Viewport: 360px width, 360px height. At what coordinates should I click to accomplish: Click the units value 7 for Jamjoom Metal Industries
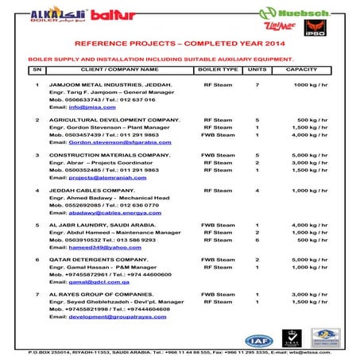257,84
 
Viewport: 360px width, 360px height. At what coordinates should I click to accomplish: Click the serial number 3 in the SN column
37,155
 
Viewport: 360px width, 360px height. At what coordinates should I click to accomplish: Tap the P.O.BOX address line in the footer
180,352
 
